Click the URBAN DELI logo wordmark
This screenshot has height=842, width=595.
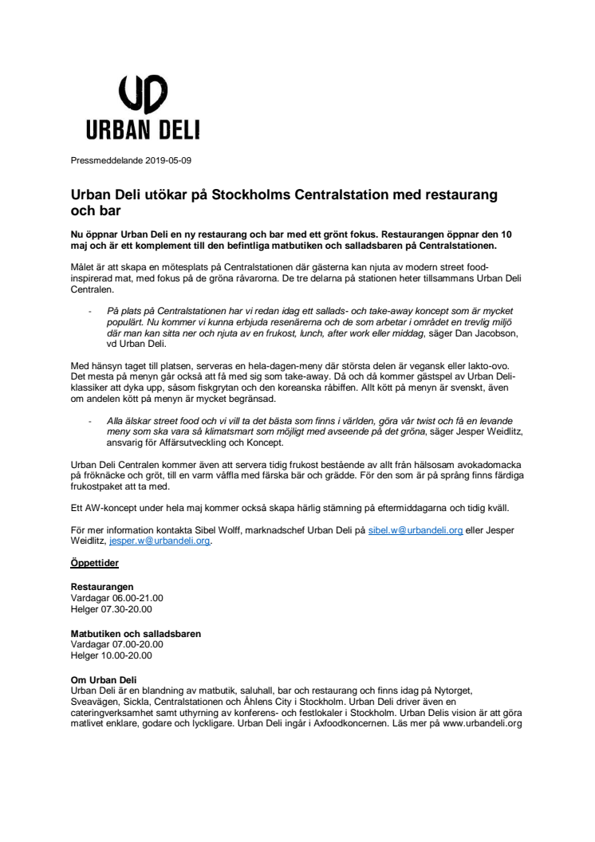(x=144, y=131)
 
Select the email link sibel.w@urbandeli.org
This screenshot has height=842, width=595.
(x=415, y=529)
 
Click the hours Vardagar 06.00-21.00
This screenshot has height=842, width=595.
(x=117, y=596)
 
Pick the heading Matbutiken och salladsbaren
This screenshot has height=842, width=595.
(x=136, y=634)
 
